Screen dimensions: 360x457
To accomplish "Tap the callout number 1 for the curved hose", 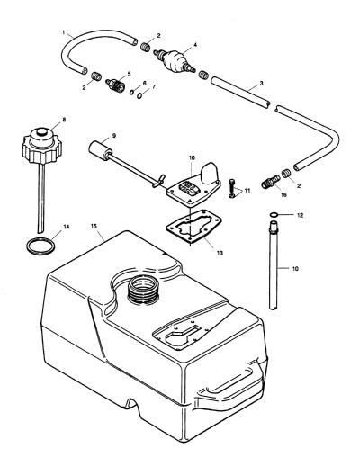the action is click(63, 31).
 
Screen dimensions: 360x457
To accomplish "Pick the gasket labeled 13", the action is click(193, 227).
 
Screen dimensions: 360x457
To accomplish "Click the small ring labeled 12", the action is click(274, 215).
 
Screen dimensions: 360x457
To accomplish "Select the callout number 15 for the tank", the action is click(94, 226).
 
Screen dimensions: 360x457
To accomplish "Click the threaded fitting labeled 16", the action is click(271, 182).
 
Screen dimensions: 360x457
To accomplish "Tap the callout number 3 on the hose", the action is click(261, 83).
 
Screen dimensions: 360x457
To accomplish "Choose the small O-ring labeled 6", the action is click(132, 92).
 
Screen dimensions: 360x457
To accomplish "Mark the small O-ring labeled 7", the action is click(139, 95).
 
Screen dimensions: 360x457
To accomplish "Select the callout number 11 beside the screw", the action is click(247, 191).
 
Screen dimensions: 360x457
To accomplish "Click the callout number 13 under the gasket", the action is click(220, 253).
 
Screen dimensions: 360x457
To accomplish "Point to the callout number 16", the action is click(283, 194).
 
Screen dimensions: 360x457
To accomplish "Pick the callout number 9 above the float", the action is click(114, 135).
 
